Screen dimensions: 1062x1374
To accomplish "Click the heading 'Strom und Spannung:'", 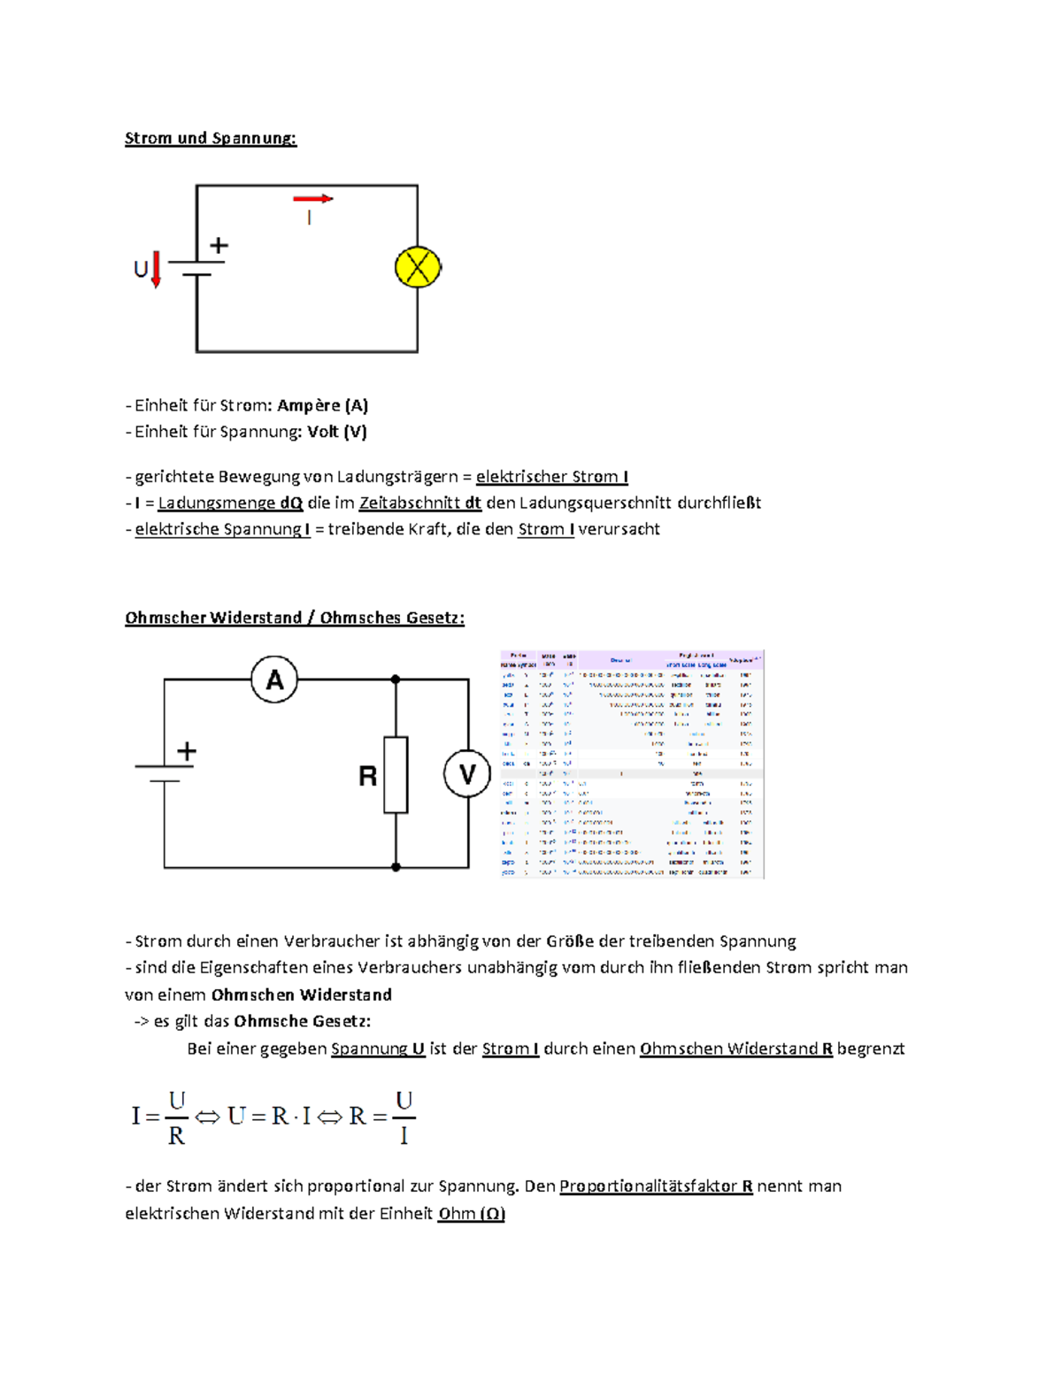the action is coord(211,138).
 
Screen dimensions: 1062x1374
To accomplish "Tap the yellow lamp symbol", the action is coord(418,267).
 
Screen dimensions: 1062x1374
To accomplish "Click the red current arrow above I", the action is coord(312,198).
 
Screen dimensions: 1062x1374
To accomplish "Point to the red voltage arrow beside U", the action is coord(157,269).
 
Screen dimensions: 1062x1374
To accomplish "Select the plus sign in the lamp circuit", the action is coord(219,245).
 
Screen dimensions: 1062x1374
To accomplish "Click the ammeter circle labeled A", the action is coord(274,679).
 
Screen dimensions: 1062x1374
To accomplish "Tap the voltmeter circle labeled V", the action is coord(466,774).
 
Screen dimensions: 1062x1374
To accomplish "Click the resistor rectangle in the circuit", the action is coord(396,774).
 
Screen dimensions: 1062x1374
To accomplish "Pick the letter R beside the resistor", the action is coord(367,776).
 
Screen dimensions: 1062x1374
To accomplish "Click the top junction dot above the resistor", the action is coord(396,679).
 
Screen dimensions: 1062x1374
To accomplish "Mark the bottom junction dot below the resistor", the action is coord(396,867).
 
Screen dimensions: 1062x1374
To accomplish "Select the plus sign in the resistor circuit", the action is coord(187,751).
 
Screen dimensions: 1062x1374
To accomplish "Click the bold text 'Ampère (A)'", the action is coord(322,405).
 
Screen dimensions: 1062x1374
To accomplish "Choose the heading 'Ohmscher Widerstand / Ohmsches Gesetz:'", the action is coord(295,618).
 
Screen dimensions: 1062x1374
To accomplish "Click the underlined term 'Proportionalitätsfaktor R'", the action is coord(656,1186).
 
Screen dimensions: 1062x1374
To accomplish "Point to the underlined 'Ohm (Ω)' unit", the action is coord(471,1213).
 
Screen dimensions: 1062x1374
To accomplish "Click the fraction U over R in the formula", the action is coord(177,1117).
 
